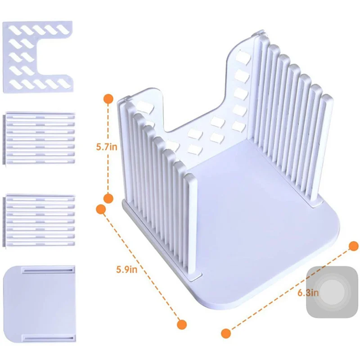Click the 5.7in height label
point(107,147)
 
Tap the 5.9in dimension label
point(127,269)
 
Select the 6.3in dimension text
point(308,293)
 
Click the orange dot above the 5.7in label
point(108,99)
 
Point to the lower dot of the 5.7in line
point(108,198)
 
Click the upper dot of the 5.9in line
point(101,209)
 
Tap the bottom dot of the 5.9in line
point(182,324)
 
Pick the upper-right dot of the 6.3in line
point(354,246)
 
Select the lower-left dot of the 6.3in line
point(226,333)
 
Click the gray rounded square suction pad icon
point(329,292)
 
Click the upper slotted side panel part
point(39,138)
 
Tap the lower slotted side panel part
point(39,220)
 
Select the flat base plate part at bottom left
point(40,304)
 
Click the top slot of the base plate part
point(48,270)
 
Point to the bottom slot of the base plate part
point(49,338)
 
